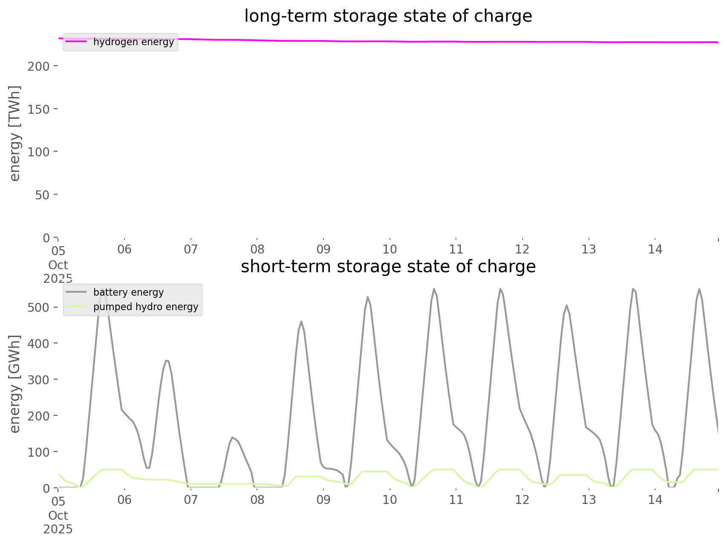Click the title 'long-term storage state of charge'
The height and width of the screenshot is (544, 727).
(x=388, y=16)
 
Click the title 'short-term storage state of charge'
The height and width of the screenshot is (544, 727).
(x=388, y=267)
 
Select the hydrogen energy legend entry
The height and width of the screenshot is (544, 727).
(x=133, y=42)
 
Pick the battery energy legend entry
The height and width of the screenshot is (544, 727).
(x=128, y=292)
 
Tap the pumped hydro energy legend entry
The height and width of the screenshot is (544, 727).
(x=145, y=307)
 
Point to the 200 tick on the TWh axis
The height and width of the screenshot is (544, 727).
(x=39, y=66)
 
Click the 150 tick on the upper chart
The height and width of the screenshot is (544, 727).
(x=39, y=109)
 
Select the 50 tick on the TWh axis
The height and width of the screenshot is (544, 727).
(x=41, y=195)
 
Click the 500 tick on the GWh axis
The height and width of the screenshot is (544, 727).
(x=39, y=308)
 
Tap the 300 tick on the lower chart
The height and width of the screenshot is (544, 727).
(x=39, y=380)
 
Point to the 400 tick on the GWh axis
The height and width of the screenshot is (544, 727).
(x=39, y=343)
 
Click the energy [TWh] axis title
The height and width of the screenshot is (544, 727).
(x=15, y=133)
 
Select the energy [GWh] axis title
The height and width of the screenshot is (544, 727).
(x=15, y=384)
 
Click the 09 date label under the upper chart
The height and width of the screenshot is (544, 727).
(x=323, y=249)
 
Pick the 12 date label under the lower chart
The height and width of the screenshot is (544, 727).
(x=522, y=500)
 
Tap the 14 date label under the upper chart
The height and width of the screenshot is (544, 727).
(x=655, y=249)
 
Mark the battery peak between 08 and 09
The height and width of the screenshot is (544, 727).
(x=301, y=321)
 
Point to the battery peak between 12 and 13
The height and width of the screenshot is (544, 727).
(x=566, y=305)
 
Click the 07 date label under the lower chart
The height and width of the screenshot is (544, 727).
(x=191, y=500)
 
